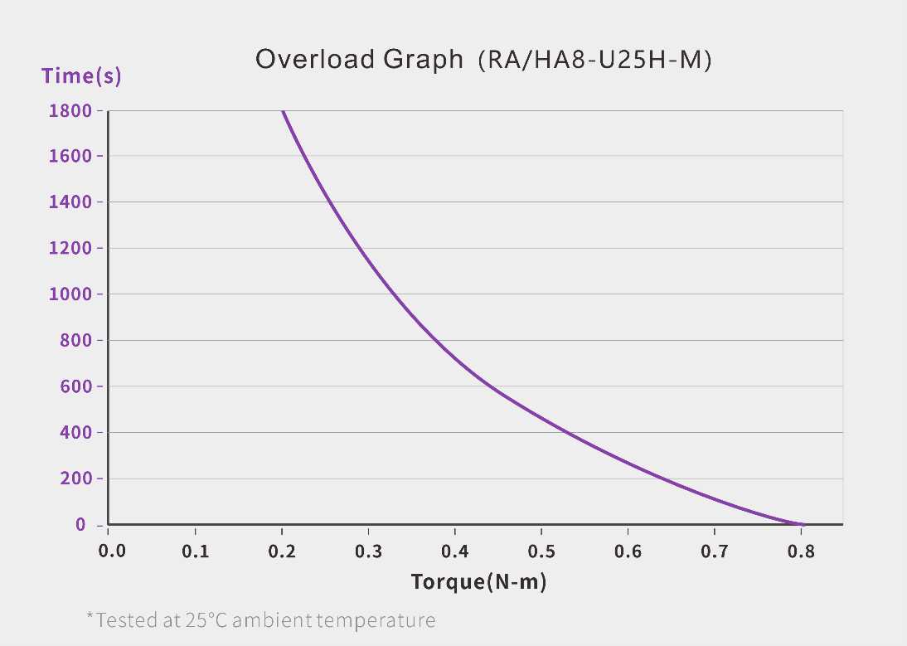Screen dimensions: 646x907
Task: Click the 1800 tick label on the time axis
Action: (70, 110)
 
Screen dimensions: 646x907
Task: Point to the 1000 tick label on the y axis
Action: (70, 294)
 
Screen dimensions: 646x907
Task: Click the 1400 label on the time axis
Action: (70, 202)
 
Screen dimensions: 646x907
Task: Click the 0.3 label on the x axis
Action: (368, 551)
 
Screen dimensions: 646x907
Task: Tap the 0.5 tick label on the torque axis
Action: (541, 551)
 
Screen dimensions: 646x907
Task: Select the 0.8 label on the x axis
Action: (801, 551)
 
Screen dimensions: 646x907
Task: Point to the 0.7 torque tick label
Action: (715, 551)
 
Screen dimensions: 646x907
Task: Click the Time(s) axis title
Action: (81, 76)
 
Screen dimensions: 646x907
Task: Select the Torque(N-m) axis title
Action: (478, 582)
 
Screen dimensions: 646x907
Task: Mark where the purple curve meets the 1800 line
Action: (283, 111)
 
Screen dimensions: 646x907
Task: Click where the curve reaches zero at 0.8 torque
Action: (801, 524)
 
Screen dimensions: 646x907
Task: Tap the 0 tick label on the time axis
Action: (80, 524)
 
